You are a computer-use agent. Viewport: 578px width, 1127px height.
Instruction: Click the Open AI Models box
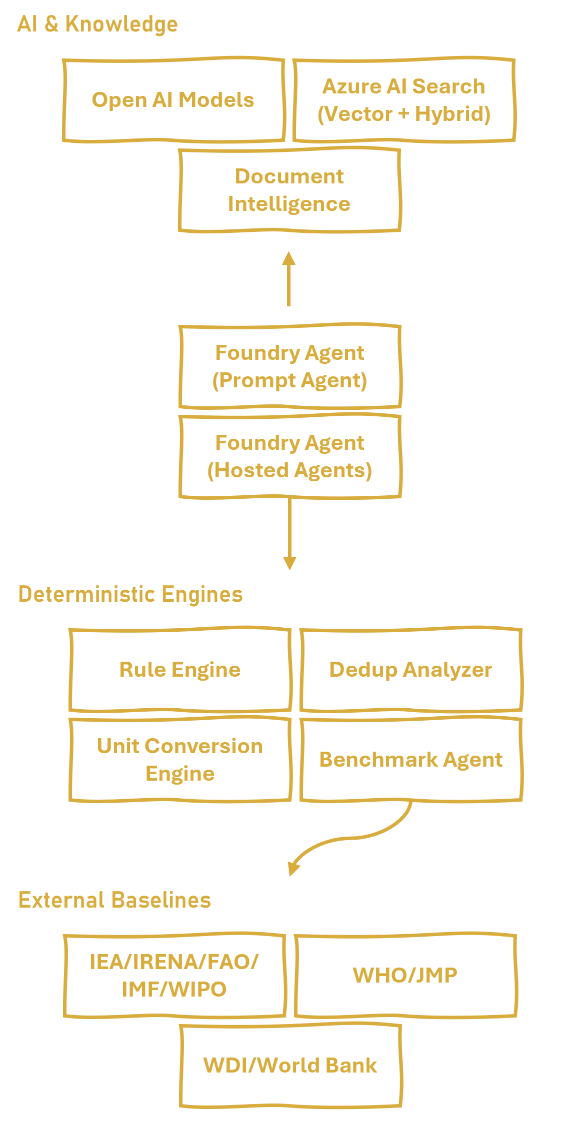(173, 100)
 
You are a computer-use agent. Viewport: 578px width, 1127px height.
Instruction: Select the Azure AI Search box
(404, 100)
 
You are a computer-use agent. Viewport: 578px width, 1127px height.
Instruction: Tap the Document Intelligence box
(289, 190)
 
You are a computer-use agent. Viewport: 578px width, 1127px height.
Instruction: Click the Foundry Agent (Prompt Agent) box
(289, 367)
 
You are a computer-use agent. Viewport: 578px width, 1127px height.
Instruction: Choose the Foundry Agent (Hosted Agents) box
(289, 457)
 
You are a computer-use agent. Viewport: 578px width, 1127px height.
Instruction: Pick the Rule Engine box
(180, 670)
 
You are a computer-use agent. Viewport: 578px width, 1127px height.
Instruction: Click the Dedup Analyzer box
(410, 670)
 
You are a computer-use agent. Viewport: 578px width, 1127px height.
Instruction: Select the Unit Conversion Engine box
(180, 760)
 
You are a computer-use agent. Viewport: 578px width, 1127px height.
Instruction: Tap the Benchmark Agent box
(410, 760)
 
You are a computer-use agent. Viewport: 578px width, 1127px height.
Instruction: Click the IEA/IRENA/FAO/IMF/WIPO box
(174, 976)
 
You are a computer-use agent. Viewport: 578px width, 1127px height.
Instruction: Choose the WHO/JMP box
(405, 976)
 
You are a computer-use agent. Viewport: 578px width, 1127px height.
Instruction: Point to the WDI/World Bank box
(290, 1066)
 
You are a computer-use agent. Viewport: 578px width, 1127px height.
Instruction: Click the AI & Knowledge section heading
(97, 24)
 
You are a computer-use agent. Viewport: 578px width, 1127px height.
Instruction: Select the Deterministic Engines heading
(130, 594)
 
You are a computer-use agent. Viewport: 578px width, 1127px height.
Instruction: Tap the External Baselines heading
(114, 900)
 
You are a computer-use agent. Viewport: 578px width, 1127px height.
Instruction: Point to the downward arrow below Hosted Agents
(289, 535)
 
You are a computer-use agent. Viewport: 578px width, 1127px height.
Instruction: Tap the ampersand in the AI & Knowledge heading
(51, 24)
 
